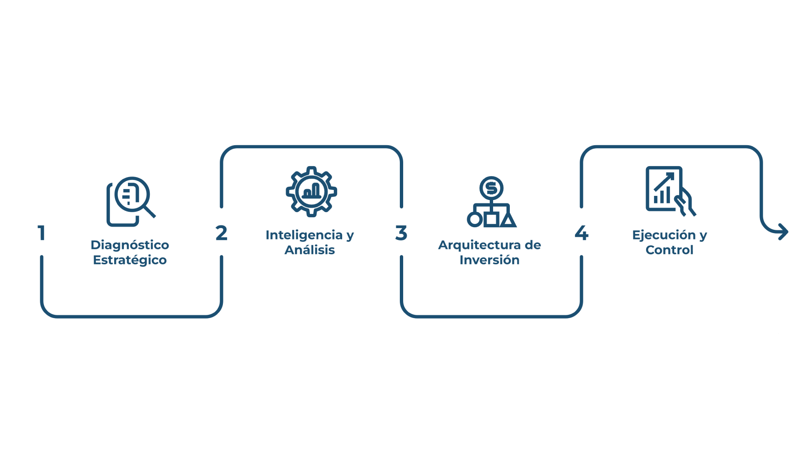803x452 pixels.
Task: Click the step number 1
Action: coord(41,233)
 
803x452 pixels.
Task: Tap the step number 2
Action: coord(221,233)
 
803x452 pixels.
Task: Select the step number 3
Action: coord(401,233)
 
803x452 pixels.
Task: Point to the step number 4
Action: coord(581,233)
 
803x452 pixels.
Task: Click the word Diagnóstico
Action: coord(130,245)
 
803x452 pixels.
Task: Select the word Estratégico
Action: coord(130,260)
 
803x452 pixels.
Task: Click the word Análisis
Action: coord(310,250)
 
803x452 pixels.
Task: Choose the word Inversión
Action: coord(489,260)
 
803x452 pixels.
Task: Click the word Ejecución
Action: coord(664,235)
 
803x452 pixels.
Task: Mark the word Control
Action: coord(669,250)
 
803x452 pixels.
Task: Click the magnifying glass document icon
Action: coord(130,201)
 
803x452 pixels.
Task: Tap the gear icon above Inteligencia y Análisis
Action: coord(312,192)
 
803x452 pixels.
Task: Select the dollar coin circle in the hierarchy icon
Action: coord(491,188)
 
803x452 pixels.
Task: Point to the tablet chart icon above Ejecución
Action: coord(669,191)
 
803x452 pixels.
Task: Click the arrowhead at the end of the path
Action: coord(783,232)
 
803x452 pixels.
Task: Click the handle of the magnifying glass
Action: coord(150,212)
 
